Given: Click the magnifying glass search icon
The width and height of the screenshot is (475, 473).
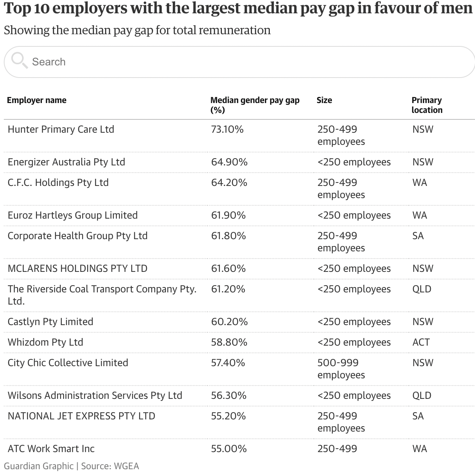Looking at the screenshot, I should click(19, 60).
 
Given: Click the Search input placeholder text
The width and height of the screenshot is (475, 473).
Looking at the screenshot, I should click(49, 62).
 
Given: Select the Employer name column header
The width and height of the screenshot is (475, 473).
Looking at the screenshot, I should click(37, 100).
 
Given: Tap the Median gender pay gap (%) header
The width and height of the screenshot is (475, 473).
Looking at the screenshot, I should click(255, 105).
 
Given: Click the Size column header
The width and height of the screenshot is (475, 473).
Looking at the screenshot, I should click(324, 100).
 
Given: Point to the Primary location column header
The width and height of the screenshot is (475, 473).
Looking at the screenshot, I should click(427, 105).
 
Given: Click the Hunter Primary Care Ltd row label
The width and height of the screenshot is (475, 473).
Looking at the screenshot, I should click(61, 130).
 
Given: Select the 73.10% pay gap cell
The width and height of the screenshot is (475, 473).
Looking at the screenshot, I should click(227, 130).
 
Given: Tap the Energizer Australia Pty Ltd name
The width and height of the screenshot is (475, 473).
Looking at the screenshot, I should click(66, 162).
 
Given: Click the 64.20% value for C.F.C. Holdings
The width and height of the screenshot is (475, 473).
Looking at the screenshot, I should click(229, 183).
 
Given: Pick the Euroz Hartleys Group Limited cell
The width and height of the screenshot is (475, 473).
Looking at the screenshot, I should click(73, 216).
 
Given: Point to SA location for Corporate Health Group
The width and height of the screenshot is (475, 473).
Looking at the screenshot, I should click(418, 236).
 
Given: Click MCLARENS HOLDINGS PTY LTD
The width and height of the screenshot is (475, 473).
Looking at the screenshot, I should click(77, 269).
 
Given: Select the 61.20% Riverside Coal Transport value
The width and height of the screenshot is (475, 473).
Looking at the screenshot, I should click(228, 289).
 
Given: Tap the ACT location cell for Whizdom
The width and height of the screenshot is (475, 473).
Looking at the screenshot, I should click(421, 343).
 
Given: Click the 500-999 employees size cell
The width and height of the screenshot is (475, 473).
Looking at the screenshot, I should click(341, 369).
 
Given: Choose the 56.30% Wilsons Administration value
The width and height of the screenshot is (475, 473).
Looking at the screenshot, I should click(229, 396).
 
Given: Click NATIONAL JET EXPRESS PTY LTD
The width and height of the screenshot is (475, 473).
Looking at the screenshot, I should click(81, 416).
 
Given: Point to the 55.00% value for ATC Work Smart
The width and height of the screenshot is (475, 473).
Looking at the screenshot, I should click(229, 449).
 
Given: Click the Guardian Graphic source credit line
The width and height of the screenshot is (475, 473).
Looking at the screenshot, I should click(71, 466).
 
